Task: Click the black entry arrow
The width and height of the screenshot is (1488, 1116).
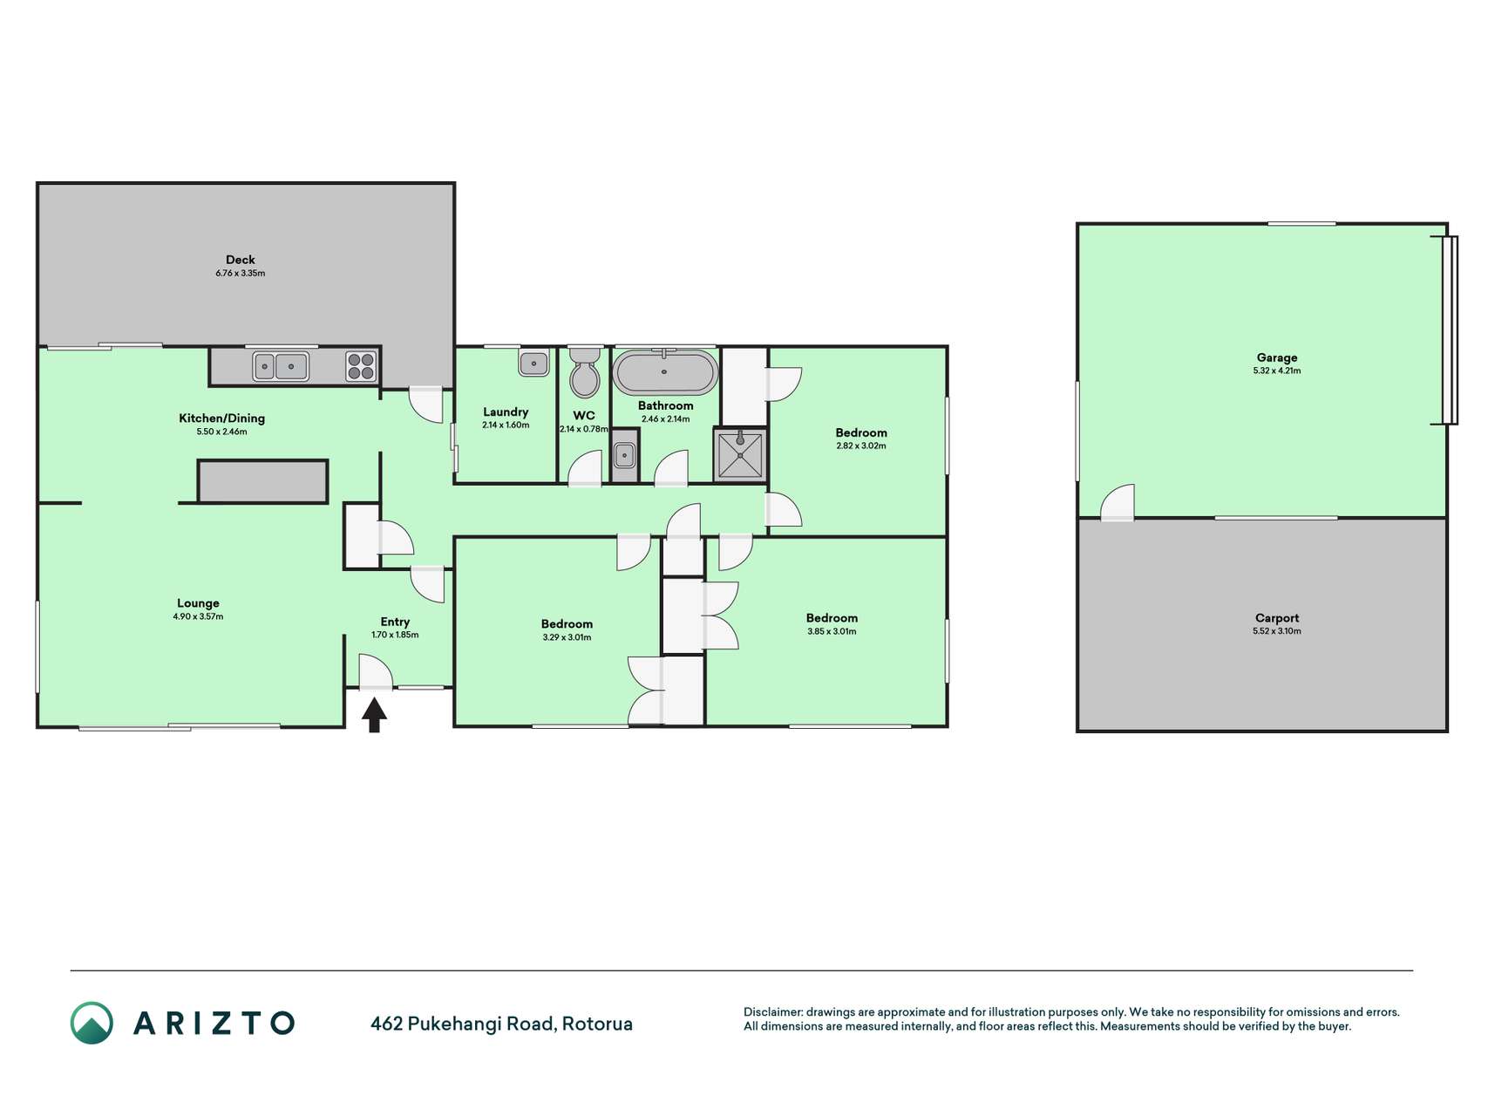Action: tap(374, 715)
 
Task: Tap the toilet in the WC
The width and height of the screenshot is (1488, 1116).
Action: tap(584, 372)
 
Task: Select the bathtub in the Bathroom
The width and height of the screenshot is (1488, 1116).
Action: tap(665, 372)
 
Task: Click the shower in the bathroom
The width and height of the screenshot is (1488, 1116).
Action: tap(740, 454)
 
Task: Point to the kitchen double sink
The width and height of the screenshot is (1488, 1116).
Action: tap(281, 366)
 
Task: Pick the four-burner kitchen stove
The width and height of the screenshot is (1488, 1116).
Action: tap(361, 366)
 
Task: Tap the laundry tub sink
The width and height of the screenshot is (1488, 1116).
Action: tap(533, 363)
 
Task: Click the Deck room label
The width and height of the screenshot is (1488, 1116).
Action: tap(241, 259)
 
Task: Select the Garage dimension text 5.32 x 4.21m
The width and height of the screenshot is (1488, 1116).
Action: tap(1277, 371)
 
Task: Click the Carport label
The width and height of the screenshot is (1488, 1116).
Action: tap(1277, 618)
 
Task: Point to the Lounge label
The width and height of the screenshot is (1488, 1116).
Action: tap(198, 602)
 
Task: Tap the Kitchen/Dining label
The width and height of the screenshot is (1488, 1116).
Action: tap(221, 418)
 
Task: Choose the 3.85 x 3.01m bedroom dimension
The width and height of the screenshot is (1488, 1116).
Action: tap(832, 631)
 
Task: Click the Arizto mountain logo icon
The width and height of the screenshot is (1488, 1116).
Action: tap(92, 1023)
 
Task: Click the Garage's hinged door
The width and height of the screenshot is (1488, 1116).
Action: tap(1118, 503)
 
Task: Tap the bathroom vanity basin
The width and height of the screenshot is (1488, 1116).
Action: tap(624, 455)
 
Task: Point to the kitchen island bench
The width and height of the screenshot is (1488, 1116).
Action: tap(262, 481)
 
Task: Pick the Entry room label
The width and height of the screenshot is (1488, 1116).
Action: tap(395, 622)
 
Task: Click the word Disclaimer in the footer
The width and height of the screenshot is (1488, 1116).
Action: tap(772, 1012)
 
